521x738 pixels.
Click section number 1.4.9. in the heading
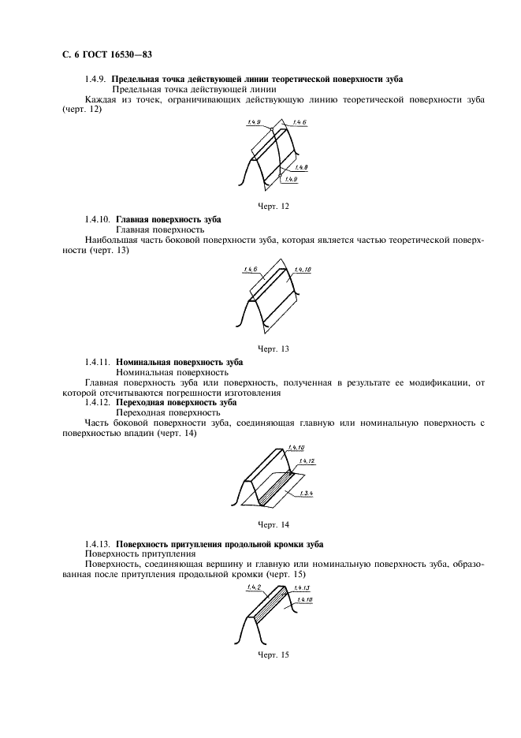point(96,80)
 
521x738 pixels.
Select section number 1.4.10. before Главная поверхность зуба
point(99,218)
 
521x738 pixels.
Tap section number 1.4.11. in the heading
point(99,362)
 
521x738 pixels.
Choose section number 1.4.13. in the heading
point(99,545)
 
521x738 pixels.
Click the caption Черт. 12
point(274,206)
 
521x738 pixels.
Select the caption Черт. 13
point(274,348)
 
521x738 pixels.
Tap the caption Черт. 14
point(274,524)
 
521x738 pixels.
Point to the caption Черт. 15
point(274,654)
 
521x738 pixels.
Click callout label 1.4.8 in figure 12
point(300,168)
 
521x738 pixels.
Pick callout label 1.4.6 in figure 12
point(299,122)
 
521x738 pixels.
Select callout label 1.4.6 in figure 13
point(252,270)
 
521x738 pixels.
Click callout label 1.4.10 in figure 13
point(303,270)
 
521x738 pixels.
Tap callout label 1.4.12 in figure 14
point(306,460)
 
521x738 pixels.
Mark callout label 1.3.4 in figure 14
point(306,493)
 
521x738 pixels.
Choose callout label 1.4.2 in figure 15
point(253,587)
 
